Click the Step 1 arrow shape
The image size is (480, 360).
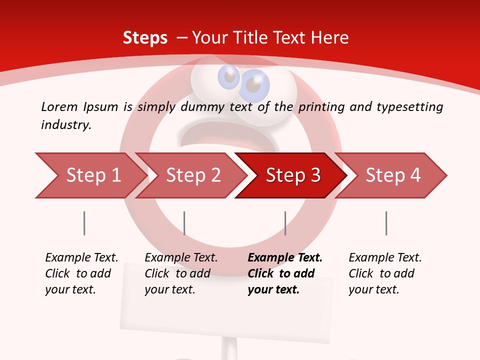click(x=90, y=175)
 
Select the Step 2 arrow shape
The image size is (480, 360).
click(x=192, y=175)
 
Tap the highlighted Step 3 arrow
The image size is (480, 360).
click(x=292, y=175)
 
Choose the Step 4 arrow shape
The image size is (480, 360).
click(x=392, y=175)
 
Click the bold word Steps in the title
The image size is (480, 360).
click(x=145, y=37)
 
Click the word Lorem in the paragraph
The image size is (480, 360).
click(x=59, y=106)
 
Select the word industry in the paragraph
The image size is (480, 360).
click(x=66, y=124)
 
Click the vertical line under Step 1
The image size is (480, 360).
click(x=84, y=223)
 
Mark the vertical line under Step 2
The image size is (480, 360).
click(x=184, y=223)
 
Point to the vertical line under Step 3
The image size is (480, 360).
click(x=285, y=223)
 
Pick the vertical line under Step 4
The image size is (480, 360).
click(x=386, y=223)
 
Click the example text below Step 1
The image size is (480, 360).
click(x=81, y=273)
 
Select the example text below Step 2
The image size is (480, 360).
click(x=180, y=273)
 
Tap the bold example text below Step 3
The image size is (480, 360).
click(x=284, y=273)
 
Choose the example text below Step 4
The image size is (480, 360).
click(x=384, y=273)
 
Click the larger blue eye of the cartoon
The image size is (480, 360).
click(x=253, y=86)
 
